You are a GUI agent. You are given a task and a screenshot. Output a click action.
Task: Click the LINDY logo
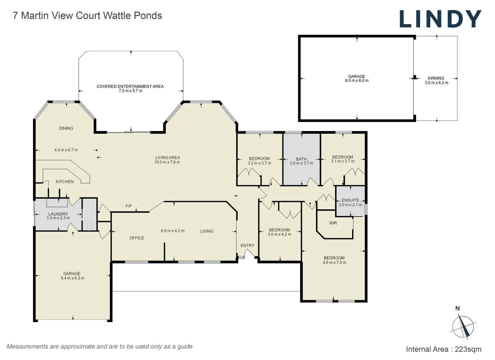click(440, 19)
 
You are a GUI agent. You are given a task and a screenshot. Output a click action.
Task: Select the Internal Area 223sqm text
click(443, 349)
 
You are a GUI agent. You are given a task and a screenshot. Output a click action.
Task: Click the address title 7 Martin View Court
click(87, 16)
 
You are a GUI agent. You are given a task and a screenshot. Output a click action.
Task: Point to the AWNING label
click(436, 78)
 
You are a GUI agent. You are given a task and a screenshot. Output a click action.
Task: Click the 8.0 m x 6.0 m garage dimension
click(357, 81)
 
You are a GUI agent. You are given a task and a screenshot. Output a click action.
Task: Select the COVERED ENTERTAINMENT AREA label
click(130, 86)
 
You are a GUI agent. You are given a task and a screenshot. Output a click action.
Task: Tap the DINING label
click(66, 128)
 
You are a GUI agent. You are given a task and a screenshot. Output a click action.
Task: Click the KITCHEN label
click(65, 182)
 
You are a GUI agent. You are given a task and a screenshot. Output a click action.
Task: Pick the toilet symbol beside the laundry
click(89, 226)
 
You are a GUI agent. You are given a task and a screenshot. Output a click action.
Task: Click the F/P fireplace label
click(129, 206)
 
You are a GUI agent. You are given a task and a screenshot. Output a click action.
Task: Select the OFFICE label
click(137, 238)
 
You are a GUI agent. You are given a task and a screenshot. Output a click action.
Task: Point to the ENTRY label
click(247, 246)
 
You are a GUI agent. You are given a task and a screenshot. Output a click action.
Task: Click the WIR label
click(333, 223)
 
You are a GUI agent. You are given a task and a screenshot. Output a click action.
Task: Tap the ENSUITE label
click(350, 200)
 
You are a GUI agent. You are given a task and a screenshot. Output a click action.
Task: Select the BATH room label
click(301, 159)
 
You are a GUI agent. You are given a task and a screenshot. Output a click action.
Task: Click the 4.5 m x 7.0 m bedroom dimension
click(334, 263)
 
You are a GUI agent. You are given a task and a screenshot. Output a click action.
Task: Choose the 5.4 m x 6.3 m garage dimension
click(72, 278)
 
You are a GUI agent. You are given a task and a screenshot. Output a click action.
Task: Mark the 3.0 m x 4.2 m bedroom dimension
click(279, 234)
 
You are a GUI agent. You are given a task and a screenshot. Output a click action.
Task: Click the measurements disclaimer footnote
click(100, 347)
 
